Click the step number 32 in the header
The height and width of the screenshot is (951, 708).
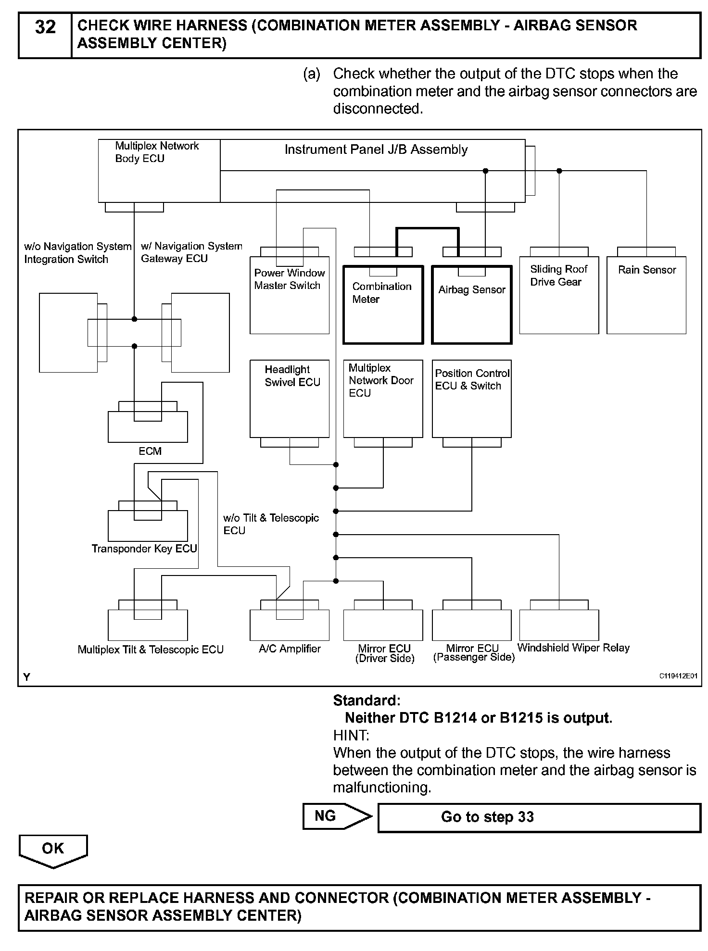(x=45, y=27)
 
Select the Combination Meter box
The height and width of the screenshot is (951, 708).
(x=383, y=305)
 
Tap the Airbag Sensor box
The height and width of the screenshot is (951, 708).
(x=472, y=305)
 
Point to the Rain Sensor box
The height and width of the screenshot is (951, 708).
(x=646, y=295)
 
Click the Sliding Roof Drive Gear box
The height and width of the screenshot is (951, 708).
(x=559, y=295)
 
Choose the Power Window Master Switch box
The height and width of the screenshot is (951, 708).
(x=290, y=295)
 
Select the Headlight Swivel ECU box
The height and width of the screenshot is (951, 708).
(x=290, y=399)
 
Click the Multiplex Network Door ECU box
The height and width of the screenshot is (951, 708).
(x=383, y=399)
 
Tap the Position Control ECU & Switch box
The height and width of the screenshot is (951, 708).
(x=472, y=399)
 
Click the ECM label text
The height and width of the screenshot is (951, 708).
(x=150, y=451)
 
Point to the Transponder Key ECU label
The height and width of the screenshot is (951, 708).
(x=144, y=549)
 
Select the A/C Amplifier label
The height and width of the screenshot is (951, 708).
(x=290, y=649)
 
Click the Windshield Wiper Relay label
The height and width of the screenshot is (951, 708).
(x=573, y=648)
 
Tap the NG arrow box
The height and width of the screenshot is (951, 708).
(x=337, y=816)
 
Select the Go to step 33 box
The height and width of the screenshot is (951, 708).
(x=539, y=817)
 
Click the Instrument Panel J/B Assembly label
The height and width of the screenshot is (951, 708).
(x=376, y=150)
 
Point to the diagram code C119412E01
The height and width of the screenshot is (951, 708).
(x=678, y=676)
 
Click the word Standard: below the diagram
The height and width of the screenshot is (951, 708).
(x=367, y=700)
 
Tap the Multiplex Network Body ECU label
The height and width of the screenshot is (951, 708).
(x=157, y=152)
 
